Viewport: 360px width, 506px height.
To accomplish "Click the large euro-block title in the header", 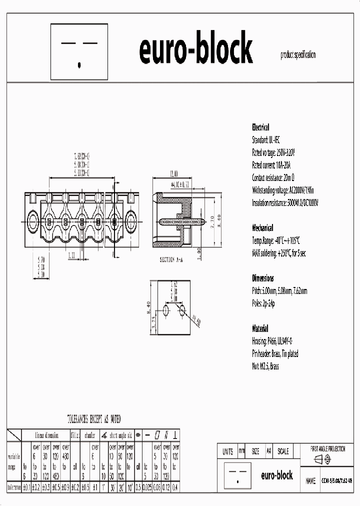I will (x=195, y=50).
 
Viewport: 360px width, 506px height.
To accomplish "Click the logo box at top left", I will (x=79, y=52).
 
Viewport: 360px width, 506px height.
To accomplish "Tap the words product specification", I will (x=298, y=56).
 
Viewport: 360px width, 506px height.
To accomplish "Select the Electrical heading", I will (x=260, y=127).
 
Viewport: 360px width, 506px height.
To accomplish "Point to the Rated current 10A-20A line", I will (x=271, y=165).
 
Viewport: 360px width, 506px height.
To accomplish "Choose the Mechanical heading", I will (x=262, y=227).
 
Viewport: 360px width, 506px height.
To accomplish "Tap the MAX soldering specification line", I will (x=278, y=253).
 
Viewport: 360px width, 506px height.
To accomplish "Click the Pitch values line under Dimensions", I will (x=279, y=291).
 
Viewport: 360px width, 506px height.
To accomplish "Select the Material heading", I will (x=260, y=329).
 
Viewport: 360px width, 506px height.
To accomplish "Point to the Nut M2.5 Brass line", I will (x=265, y=366).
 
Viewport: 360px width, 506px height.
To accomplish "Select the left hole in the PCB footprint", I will (x=165, y=308).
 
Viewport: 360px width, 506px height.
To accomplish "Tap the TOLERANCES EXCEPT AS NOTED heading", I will (x=94, y=419).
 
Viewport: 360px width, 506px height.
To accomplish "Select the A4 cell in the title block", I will (x=268, y=451).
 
